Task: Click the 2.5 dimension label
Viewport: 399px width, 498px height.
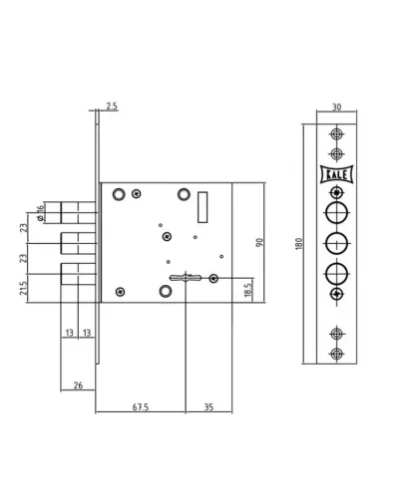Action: [x=112, y=107]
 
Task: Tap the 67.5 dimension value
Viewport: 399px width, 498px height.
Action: [x=141, y=406]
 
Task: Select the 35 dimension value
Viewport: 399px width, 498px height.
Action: [x=208, y=406]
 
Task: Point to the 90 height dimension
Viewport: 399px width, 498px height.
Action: [x=259, y=242]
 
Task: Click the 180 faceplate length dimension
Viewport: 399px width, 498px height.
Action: [x=298, y=244]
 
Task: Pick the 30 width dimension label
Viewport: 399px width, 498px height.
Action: [x=336, y=108]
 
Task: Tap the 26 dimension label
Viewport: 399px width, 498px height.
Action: [x=78, y=385]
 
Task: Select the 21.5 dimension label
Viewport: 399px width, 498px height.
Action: [x=23, y=288]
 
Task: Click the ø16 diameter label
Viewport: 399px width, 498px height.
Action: [x=40, y=213]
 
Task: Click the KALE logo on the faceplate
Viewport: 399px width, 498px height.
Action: [x=336, y=174]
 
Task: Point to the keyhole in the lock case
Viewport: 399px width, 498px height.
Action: [x=186, y=278]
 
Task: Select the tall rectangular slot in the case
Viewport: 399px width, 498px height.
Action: [x=202, y=207]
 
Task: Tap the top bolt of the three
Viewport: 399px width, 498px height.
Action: [x=79, y=213]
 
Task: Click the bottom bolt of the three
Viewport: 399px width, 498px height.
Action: [x=79, y=274]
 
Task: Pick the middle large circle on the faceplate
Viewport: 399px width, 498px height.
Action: [x=336, y=244]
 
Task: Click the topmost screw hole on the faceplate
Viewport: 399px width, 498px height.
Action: [x=336, y=134]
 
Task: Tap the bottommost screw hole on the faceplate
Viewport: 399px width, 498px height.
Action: [x=336, y=354]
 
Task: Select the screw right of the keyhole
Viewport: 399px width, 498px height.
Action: [x=213, y=279]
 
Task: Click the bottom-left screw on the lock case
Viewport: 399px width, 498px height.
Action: [x=120, y=292]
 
